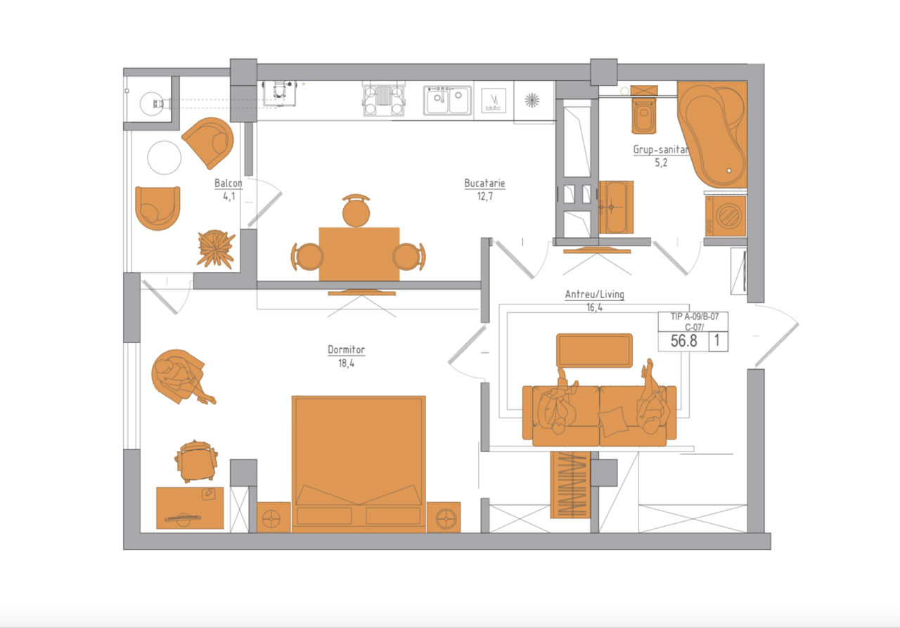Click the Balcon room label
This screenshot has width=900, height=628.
point(229,184)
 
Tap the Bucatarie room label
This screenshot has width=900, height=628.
point(484,184)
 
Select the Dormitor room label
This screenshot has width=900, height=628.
point(347,350)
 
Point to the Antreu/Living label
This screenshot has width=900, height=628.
point(595,295)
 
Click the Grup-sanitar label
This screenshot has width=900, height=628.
point(662,150)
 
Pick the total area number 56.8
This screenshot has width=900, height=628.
point(684,341)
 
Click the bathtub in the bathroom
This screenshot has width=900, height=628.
point(712,134)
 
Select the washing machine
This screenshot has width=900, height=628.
point(726,216)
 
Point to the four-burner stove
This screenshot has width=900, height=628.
point(384,101)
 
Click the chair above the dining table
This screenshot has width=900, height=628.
point(356,211)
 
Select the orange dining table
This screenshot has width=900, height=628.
point(359,255)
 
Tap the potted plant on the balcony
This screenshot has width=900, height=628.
point(216,249)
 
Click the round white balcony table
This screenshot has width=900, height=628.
point(164,158)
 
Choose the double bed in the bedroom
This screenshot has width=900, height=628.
point(359,464)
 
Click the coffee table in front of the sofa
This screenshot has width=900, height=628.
point(594,350)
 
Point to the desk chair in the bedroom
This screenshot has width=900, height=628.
point(196,461)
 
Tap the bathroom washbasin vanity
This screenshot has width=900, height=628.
point(616,207)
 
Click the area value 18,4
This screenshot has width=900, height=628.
point(347,364)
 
